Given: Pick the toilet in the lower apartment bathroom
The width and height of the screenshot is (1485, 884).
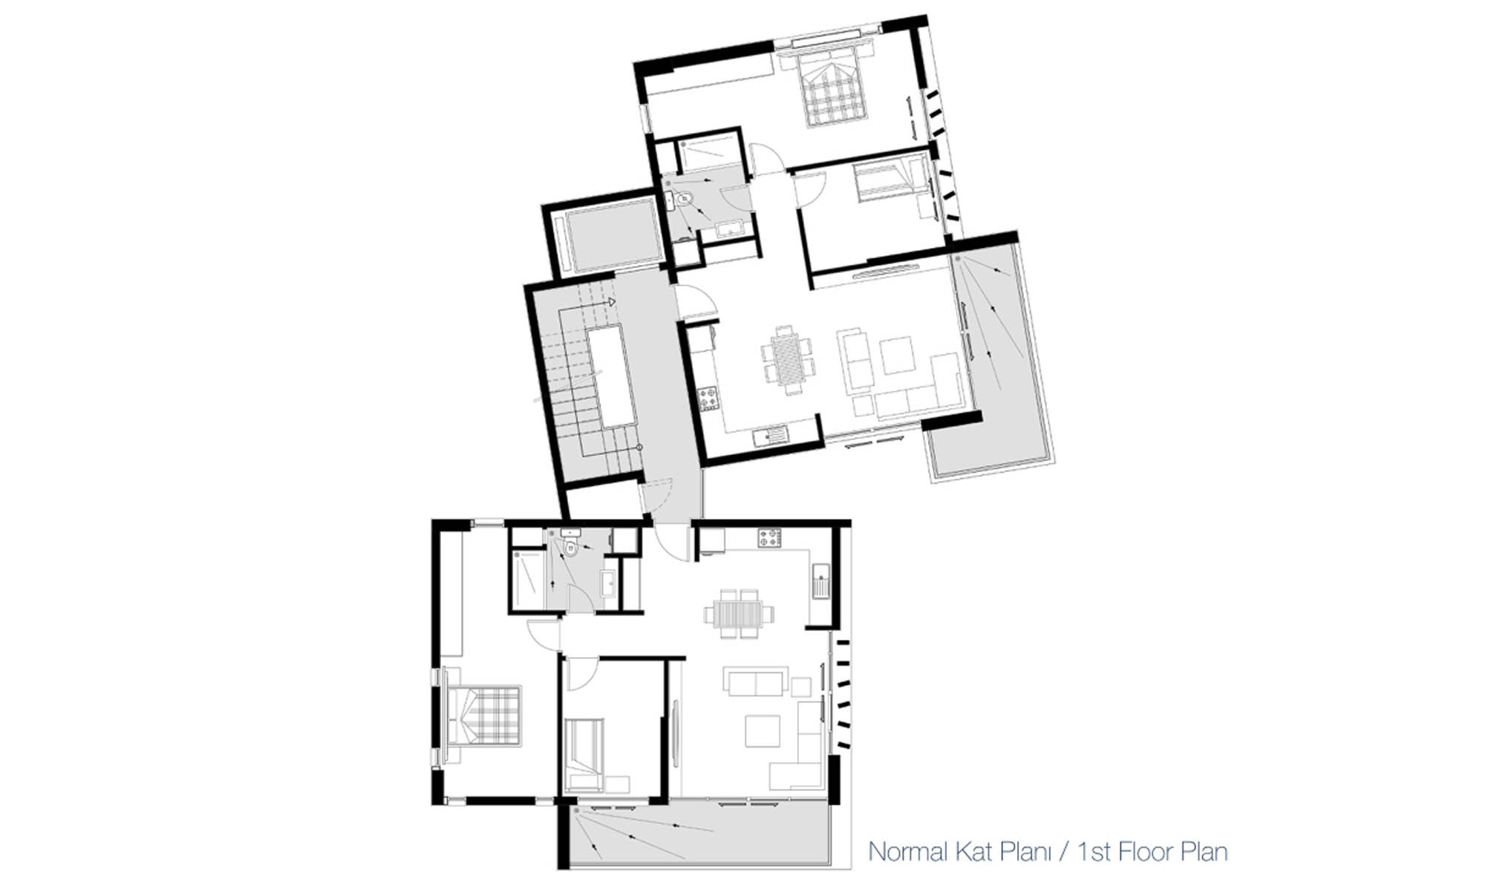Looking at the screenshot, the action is (570, 548).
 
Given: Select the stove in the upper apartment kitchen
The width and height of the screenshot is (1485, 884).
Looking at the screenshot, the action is (708, 398).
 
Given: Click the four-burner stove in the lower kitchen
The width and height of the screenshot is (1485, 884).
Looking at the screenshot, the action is (769, 537).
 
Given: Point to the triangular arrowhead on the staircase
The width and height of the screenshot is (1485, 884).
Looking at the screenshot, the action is (611, 302).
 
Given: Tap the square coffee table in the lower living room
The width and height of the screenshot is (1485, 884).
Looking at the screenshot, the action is (763, 731).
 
